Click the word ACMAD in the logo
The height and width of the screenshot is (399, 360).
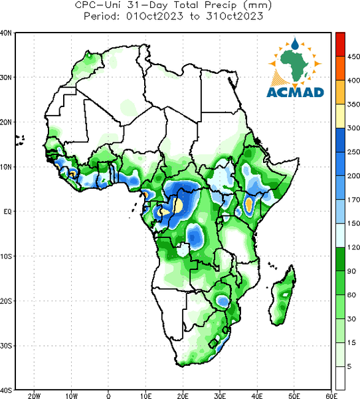(x=296, y=92)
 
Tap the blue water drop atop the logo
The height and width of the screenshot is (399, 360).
(x=295, y=43)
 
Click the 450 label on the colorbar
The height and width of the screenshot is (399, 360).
(x=353, y=57)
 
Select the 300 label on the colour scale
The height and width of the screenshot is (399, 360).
(x=353, y=128)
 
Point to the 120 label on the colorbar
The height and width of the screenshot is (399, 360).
(x=353, y=247)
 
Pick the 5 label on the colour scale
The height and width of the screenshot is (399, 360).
(x=349, y=366)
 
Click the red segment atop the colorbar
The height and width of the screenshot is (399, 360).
(x=340, y=45)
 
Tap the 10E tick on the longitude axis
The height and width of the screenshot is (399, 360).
(x=145, y=396)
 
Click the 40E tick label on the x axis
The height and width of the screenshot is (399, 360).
(x=257, y=396)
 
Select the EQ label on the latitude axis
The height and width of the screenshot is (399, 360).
(x=7, y=211)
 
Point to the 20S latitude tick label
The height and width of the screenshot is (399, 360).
(x=6, y=301)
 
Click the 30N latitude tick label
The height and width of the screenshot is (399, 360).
(x=6, y=77)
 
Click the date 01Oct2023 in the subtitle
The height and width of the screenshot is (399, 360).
(x=155, y=16)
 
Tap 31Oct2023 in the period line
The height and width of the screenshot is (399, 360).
(x=234, y=16)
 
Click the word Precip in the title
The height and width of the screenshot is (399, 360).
(x=221, y=5)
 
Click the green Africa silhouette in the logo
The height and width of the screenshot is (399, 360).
(x=294, y=64)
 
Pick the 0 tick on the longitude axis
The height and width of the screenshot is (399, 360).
(x=108, y=396)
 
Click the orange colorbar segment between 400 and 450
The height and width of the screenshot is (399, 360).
(x=340, y=68)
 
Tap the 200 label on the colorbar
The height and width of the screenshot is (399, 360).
(x=353, y=176)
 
